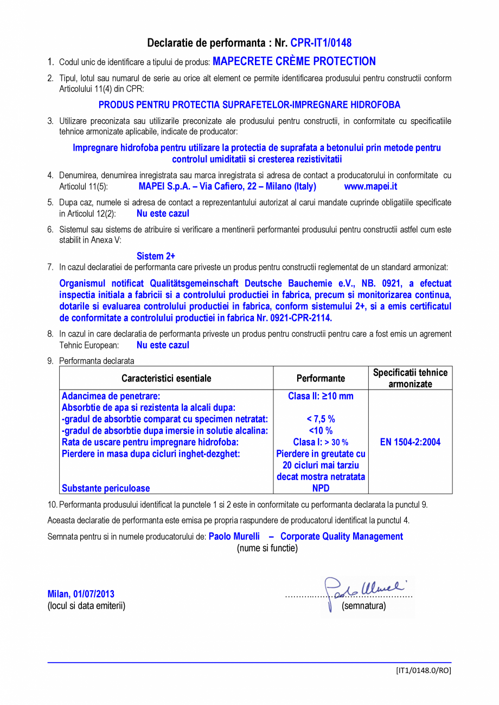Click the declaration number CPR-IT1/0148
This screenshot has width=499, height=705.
coord(321,43)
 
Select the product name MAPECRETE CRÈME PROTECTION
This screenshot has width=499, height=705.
coord(294,62)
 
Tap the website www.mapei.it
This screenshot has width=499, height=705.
coord(370,186)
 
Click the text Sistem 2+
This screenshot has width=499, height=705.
coord(156,256)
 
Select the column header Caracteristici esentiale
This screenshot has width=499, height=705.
coord(166,378)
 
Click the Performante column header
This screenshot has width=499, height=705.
coord(321,378)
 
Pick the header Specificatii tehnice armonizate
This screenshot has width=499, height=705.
coord(410,378)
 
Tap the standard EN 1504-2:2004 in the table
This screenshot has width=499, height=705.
coord(410,442)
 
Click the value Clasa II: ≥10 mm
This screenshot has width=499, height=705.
coord(321,396)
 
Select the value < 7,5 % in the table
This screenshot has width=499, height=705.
coord(321,419)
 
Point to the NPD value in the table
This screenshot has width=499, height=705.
coord(321,488)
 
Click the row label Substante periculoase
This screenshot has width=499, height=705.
coord(106,488)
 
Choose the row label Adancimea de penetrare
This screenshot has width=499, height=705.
coord(111,396)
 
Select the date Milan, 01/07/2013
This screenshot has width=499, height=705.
coord(81,594)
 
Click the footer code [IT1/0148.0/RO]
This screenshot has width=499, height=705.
coord(423,670)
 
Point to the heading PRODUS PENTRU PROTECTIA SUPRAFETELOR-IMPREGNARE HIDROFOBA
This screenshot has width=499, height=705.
coord(250,105)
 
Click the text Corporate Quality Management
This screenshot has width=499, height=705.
coord(342,536)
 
